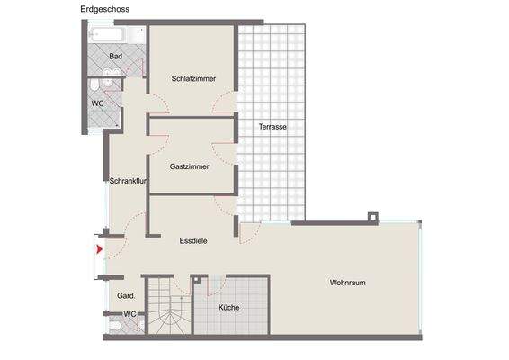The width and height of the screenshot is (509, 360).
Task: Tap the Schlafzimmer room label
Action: tap(193, 79)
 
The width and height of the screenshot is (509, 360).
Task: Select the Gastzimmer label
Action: tap(189, 166)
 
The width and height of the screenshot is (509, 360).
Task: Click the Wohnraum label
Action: tap(347, 283)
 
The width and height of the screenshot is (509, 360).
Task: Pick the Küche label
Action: tap(228, 308)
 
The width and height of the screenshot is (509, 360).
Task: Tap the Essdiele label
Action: tap(194, 240)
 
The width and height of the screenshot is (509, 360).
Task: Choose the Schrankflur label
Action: tap(128, 182)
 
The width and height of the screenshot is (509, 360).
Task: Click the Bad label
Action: tap(115, 57)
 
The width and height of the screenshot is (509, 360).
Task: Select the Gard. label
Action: tap(126, 295)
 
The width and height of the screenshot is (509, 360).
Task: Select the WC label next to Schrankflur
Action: tap(98, 103)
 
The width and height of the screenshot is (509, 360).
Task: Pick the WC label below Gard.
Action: tap(129, 314)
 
